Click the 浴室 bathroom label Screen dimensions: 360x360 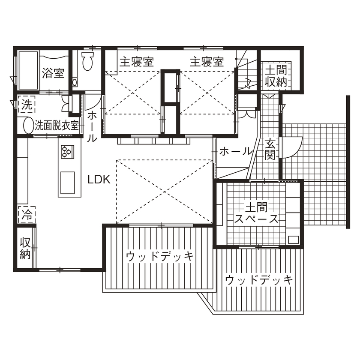pyautogui.click(x=54, y=73)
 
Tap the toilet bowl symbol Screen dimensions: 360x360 pyautogui.click(x=87, y=62)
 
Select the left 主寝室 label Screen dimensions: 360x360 pyautogui.click(x=136, y=62)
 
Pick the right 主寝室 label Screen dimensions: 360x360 pyautogui.click(x=207, y=62)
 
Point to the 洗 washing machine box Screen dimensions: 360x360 pyautogui.click(x=27, y=104)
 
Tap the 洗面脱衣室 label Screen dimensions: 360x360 pyautogui.click(x=57, y=126)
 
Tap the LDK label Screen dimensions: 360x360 pyautogui.click(x=99, y=180)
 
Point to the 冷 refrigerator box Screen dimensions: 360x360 pyautogui.click(x=27, y=214)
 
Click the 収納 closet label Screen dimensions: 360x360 pyautogui.click(x=25, y=247)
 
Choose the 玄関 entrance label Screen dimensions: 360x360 pyautogui.click(x=269, y=150)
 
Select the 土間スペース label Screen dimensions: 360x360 pyautogui.click(x=256, y=213)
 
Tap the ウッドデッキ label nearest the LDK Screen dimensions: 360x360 pyautogui.click(x=159, y=257)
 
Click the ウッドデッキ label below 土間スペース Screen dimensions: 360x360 pyautogui.click(x=259, y=280)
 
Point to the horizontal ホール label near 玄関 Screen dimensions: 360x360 pyautogui.click(x=235, y=151)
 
